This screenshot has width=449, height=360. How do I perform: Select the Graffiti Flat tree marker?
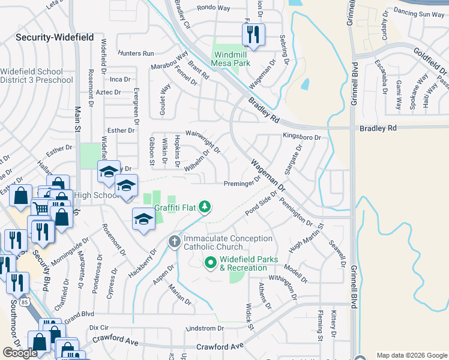205,206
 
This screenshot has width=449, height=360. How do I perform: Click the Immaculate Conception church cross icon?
175,242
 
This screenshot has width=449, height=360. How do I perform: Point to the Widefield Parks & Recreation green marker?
211,262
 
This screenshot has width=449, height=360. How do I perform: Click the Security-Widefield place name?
55,37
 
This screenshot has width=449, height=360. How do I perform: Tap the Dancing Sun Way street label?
420,14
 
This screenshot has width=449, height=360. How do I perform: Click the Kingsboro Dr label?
302,137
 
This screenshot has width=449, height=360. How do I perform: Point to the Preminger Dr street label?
243,183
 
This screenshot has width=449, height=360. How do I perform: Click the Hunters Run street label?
136,53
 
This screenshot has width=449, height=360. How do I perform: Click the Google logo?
20,352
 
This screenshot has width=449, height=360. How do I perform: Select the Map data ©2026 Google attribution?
412,355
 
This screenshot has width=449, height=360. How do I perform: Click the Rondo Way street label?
214,8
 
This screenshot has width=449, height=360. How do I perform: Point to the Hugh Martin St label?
306,238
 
